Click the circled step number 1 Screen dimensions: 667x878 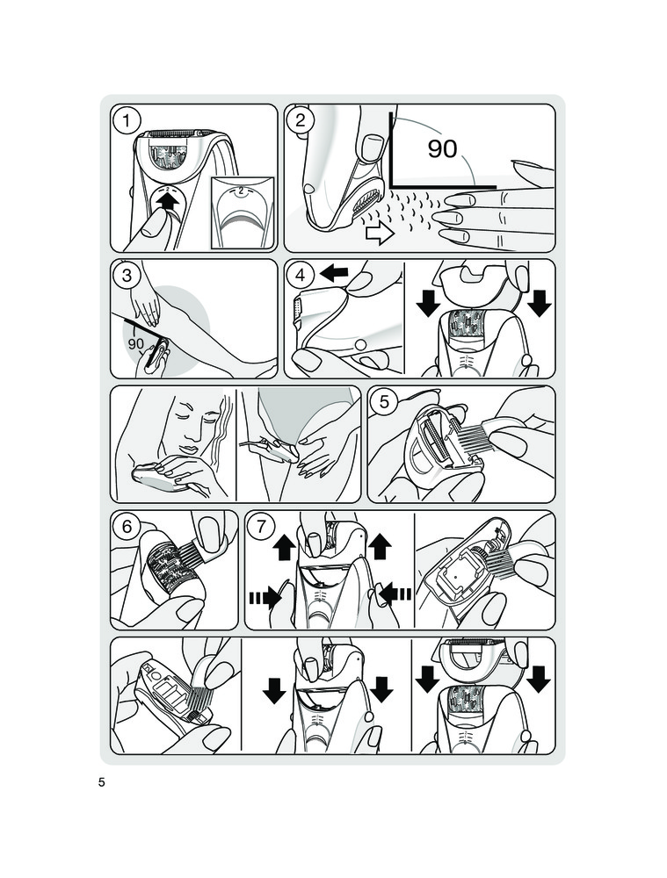127,121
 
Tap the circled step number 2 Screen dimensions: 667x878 301,120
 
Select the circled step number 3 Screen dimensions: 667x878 127,276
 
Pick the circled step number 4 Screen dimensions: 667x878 301,276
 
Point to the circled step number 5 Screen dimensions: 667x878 385,401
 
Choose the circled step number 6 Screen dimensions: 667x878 127,527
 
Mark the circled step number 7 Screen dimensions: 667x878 262,527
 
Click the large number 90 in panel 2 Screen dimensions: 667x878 443,148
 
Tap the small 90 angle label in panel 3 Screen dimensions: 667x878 136,344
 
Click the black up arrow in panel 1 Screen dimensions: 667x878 169,202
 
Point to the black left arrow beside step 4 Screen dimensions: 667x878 334,274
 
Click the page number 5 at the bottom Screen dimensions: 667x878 101,783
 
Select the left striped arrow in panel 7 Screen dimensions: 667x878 265,597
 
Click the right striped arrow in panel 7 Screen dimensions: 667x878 395,594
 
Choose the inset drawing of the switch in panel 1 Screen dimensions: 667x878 242,211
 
